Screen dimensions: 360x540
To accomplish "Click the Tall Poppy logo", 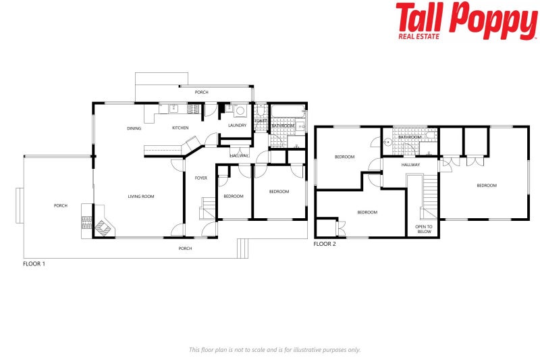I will click(x=466, y=20).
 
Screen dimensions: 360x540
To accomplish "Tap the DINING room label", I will click(x=134, y=128).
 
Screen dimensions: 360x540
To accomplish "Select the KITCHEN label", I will click(x=180, y=128).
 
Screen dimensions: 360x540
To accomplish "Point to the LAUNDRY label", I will click(x=237, y=126).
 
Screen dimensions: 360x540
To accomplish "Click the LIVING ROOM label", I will click(x=141, y=197).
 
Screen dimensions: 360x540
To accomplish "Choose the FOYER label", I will click(x=201, y=178).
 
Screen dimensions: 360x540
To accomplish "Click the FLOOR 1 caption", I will click(x=34, y=264).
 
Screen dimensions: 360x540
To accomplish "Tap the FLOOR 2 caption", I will click(x=325, y=244).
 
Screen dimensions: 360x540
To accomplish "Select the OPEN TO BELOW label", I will click(x=424, y=229).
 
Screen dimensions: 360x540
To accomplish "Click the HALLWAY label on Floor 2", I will click(x=410, y=165).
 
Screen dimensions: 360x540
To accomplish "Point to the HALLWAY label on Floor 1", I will click(x=239, y=156).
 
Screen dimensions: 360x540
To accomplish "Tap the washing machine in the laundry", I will click(x=240, y=111).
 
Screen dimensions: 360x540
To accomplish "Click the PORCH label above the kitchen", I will click(x=201, y=92).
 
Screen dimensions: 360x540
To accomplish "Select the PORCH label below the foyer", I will click(x=185, y=249).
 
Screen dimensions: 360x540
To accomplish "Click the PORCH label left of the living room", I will click(x=61, y=205).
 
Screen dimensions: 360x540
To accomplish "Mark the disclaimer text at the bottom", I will click(x=274, y=350).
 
